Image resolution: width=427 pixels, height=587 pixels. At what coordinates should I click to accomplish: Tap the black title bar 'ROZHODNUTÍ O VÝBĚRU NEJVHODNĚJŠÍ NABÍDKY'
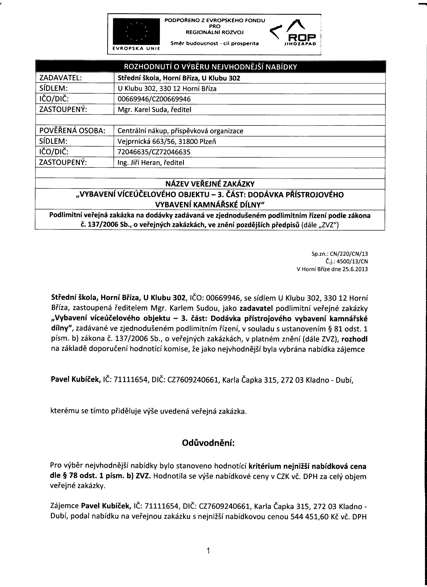pos(210,67)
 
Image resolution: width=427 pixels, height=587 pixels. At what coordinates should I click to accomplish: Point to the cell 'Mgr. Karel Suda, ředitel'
pos(154,110)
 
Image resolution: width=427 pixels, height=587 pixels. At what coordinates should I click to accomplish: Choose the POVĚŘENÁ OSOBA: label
pos(72,131)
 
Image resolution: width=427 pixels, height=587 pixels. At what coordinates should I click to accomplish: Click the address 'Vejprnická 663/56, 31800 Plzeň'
pos(167,142)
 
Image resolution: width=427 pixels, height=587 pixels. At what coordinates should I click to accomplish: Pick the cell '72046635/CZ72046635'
pos(154,152)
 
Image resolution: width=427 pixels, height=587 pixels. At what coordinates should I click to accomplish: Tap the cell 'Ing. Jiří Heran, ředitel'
pos(151,162)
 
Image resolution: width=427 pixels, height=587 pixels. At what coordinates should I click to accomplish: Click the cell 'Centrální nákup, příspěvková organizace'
pos(180,131)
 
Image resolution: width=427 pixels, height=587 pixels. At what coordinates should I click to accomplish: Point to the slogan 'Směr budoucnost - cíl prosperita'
pos(215,43)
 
